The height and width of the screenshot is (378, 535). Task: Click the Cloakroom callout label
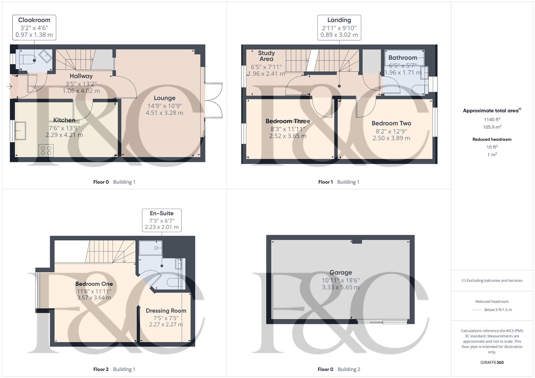coord(34,20)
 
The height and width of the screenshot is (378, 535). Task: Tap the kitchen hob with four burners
coord(46,151)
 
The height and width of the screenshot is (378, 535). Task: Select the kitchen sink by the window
coord(20,131)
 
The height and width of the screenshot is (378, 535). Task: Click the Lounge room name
coord(164,98)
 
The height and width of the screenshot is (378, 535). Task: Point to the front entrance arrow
coord(9,86)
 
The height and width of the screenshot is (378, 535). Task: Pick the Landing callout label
coord(339,20)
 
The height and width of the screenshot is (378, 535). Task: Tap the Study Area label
coord(266,56)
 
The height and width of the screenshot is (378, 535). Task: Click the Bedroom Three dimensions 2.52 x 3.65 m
coord(288,136)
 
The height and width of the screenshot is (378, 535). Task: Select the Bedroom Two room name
coord(391,123)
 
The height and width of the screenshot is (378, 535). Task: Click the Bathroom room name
coord(403,58)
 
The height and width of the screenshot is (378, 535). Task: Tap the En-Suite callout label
coord(162,213)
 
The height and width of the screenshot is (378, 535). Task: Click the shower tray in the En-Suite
coord(151,248)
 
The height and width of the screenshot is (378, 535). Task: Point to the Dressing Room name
coord(166,310)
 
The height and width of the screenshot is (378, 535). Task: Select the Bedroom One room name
coord(94,284)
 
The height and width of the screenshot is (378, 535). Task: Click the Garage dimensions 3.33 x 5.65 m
coord(341,287)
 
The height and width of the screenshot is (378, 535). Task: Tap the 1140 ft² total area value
coord(492,119)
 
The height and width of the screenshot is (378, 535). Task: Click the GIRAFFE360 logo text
coord(492,362)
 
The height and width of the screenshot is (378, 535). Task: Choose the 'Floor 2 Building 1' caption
coord(114,369)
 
